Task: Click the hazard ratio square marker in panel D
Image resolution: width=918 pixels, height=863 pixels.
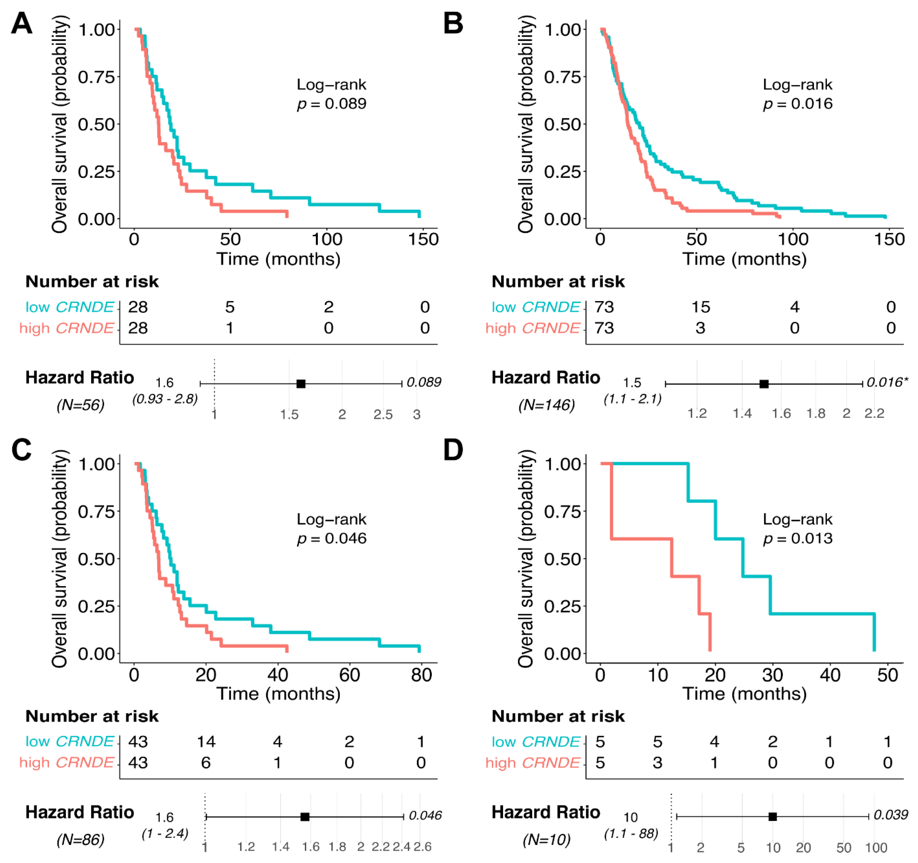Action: point(773,817)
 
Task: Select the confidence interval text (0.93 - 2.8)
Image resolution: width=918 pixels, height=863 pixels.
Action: point(165,399)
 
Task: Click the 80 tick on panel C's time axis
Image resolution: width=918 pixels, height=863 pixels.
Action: point(421,675)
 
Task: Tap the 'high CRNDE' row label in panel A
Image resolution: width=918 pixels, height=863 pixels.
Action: point(67,328)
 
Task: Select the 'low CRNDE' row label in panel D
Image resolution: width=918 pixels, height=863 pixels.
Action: point(536,742)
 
